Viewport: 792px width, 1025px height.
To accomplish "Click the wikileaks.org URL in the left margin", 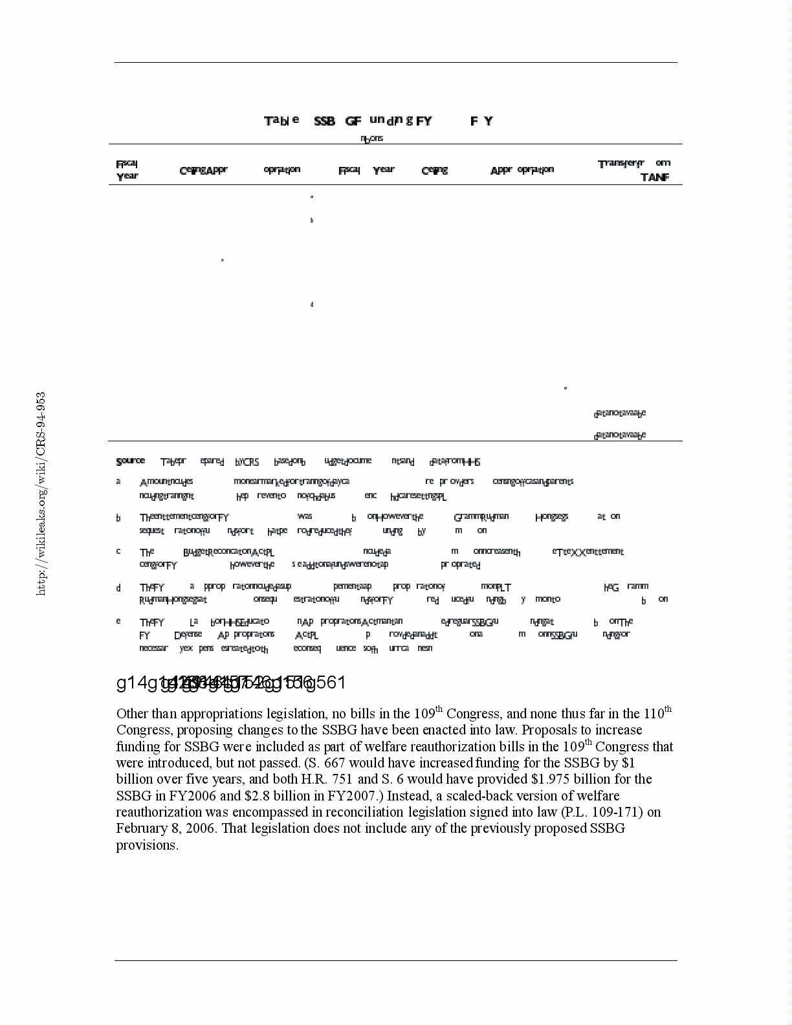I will [41, 493].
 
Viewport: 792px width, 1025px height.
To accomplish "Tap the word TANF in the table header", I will [654, 177].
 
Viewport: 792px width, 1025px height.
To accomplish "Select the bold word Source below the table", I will [130, 461].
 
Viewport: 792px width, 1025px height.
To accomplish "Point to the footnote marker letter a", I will [118, 481].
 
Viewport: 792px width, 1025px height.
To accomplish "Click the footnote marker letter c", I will [118, 551].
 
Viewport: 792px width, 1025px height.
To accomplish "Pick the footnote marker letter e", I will [118, 621].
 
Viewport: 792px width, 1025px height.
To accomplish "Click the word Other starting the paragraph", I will [132, 714].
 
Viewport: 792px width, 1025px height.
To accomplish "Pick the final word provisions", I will [147, 845].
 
